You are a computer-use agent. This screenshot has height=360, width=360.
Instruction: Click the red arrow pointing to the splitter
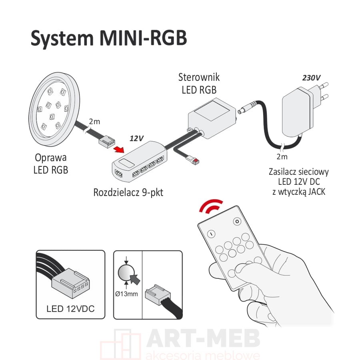coord(119,149)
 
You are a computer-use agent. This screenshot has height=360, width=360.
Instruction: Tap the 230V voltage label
coord(311,78)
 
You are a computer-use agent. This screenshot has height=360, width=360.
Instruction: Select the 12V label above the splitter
coord(137,138)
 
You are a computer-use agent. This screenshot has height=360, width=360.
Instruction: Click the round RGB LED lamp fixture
coord(54,109)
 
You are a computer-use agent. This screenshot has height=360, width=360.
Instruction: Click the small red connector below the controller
coord(196,161)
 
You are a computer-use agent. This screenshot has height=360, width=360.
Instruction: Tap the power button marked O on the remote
coord(237,222)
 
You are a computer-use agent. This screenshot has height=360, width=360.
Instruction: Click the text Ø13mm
coord(126,294)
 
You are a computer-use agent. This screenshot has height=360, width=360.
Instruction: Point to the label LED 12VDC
coord(70,308)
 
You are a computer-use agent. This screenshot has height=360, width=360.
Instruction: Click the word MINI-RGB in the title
coord(143,38)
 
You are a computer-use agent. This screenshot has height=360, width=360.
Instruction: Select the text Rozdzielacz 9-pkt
coord(128,193)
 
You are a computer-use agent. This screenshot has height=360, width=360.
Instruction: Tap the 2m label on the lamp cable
coord(94,122)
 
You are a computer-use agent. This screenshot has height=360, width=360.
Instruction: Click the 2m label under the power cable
coord(282,156)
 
